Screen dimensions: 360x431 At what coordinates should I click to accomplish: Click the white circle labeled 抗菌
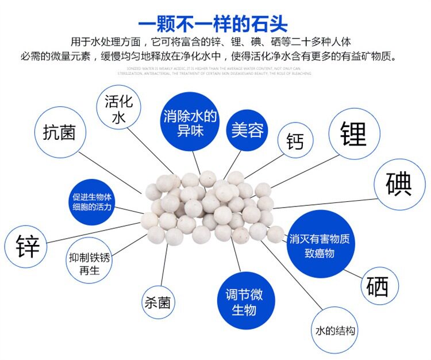pyautogui.click(x=59, y=132)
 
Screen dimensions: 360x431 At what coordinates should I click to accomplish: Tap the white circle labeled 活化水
pyautogui.click(x=118, y=110)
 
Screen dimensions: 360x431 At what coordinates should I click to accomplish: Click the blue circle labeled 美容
pyautogui.click(x=247, y=130)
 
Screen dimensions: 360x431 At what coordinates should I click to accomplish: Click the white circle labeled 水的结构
pyautogui.click(x=336, y=331)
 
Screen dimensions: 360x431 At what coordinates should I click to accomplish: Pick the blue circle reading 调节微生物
pyautogui.click(x=243, y=302)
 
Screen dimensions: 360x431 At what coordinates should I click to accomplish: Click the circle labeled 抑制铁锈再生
pyautogui.click(x=88, y=263)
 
